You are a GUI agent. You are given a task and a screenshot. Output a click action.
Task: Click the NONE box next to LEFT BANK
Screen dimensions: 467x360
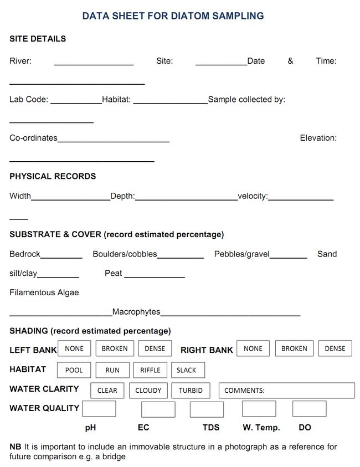tap(74, 348)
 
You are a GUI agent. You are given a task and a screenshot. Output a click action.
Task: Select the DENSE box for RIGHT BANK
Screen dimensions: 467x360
tap(335, 348)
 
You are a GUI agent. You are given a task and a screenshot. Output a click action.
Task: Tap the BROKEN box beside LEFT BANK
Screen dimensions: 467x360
tap(115, 348)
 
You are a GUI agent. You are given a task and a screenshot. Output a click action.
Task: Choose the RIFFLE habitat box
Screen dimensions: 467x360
tap(150, 370)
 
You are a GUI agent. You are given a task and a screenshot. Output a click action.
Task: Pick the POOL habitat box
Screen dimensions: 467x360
tap(74, 370)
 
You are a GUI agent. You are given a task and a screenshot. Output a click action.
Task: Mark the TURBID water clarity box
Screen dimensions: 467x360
tap(191, 390)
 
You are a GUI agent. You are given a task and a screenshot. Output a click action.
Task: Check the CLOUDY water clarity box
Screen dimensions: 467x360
tap(148, 390)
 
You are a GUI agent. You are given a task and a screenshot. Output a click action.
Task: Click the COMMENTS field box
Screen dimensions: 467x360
tap(286, 390)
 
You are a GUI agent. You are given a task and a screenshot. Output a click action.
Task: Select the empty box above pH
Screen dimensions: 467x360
tap(99, 409)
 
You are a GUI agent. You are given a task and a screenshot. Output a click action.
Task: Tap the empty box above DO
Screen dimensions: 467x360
tap(309, 409)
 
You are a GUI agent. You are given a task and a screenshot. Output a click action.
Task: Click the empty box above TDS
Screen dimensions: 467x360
tap(207, 409)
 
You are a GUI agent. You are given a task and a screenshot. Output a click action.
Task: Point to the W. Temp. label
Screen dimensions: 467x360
tap(261, 428)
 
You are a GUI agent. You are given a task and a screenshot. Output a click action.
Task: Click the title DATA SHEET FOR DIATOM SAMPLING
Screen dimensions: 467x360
tap(173, 16)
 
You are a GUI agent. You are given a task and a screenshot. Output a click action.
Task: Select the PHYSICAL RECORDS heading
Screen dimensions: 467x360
tap(53, 176)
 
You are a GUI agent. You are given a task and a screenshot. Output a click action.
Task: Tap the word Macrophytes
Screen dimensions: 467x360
tap(136, 312)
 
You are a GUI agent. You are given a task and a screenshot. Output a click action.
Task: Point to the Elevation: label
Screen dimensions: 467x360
tap(318, 138)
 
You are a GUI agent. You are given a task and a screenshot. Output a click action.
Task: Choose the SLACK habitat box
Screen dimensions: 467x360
tap(187, 370)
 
